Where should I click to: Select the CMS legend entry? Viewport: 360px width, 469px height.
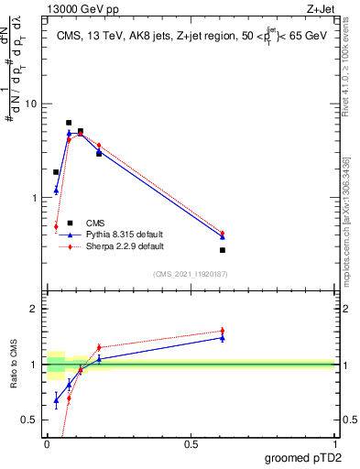click(x=95, y=223)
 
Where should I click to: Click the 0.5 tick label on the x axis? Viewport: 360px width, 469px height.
click(x=191, y=444)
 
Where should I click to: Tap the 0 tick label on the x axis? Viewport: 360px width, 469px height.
click(x=47, y=444)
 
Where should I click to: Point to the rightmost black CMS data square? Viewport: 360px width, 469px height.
click(x=223, y=250)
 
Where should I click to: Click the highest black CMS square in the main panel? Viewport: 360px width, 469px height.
click(x=69, y=123)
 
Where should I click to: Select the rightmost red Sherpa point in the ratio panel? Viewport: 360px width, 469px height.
click(x=223, y=331)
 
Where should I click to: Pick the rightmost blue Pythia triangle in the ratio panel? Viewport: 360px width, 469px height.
click(x=223, y=338)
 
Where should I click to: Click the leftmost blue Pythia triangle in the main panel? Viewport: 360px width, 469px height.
click(x=56, y=191)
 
